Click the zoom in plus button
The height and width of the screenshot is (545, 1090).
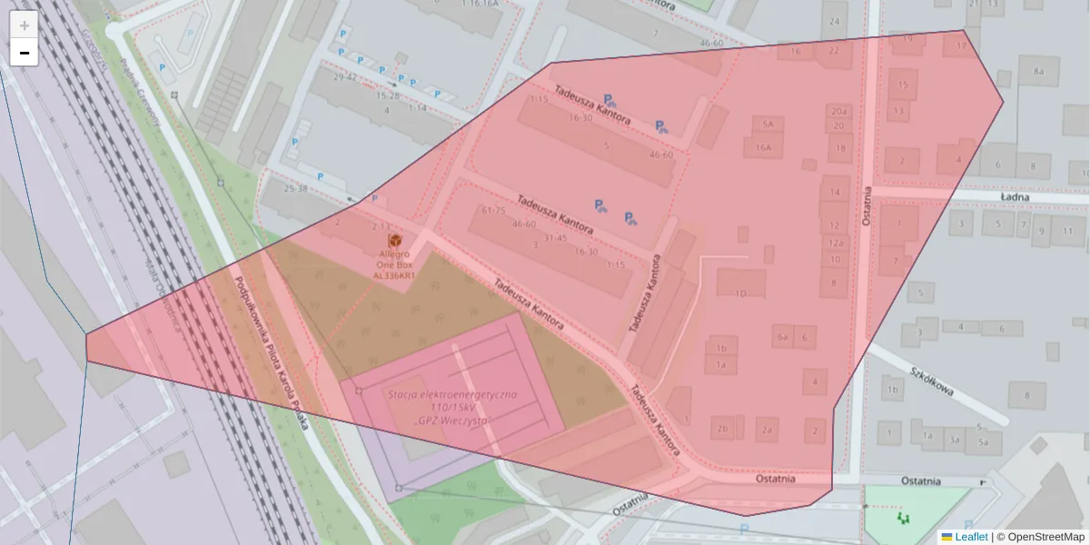click(25, 25)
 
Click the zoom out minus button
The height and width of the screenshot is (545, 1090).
click(25, 53)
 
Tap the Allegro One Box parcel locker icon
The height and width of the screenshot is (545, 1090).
click(394, 240)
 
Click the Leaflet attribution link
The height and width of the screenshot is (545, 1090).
click(970, 537)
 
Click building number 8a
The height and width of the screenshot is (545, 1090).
click(1039, 71)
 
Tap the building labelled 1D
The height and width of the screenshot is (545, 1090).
click(740, 293)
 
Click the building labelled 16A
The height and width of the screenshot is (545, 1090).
click(763, 147)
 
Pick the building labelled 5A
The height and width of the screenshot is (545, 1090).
click(768, 124)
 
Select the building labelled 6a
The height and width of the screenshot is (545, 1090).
click(783, 337)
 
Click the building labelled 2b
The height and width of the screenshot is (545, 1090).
click(723, 429)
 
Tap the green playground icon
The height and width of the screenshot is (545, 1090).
click(903, 518)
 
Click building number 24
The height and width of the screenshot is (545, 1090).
click(834, 21)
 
